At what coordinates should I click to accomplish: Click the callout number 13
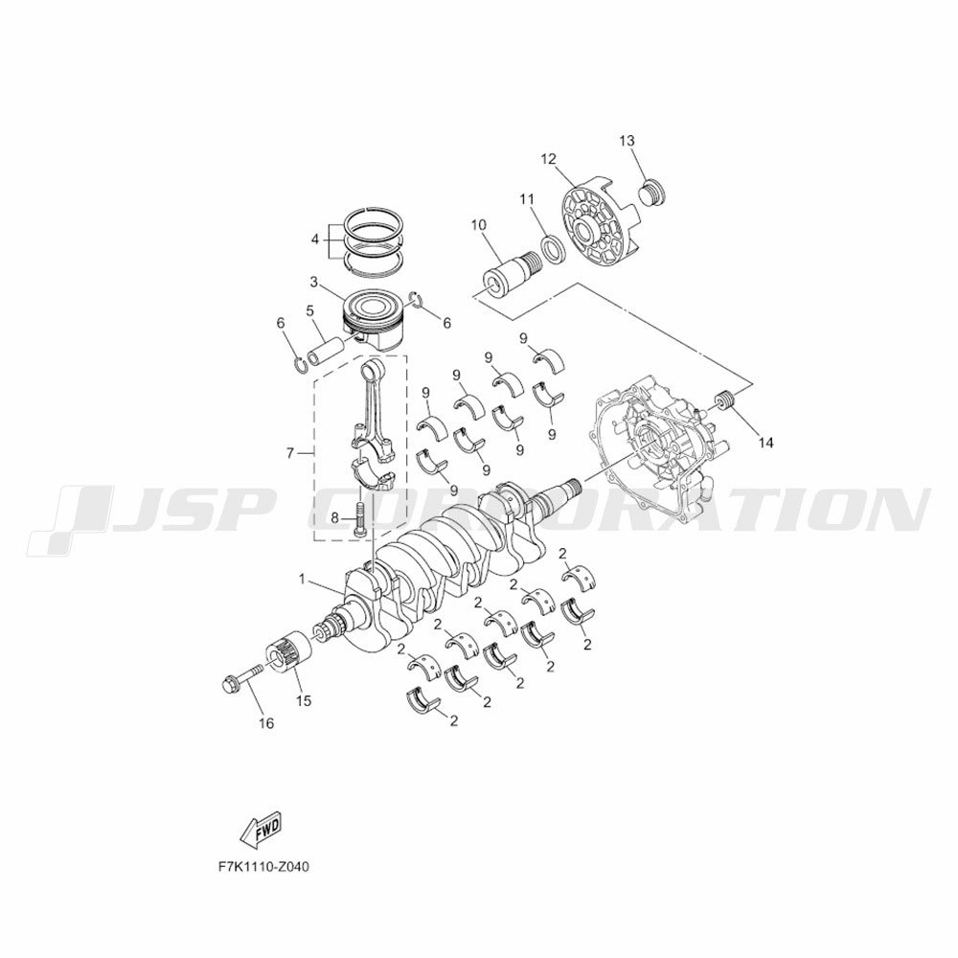click(627, 141)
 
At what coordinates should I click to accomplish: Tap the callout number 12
click(549, 159)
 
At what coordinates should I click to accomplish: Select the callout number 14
click(765, 443)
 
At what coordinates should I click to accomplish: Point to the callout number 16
click(265, 723)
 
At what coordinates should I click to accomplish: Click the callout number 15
click(304, 701)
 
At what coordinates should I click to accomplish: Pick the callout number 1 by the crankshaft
click(302, 578)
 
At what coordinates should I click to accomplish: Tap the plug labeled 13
click(651, 192)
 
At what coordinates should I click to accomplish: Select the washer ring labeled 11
click(553, 249)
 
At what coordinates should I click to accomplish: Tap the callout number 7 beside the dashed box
click(290, 453)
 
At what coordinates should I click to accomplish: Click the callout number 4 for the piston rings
click(315, 239)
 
